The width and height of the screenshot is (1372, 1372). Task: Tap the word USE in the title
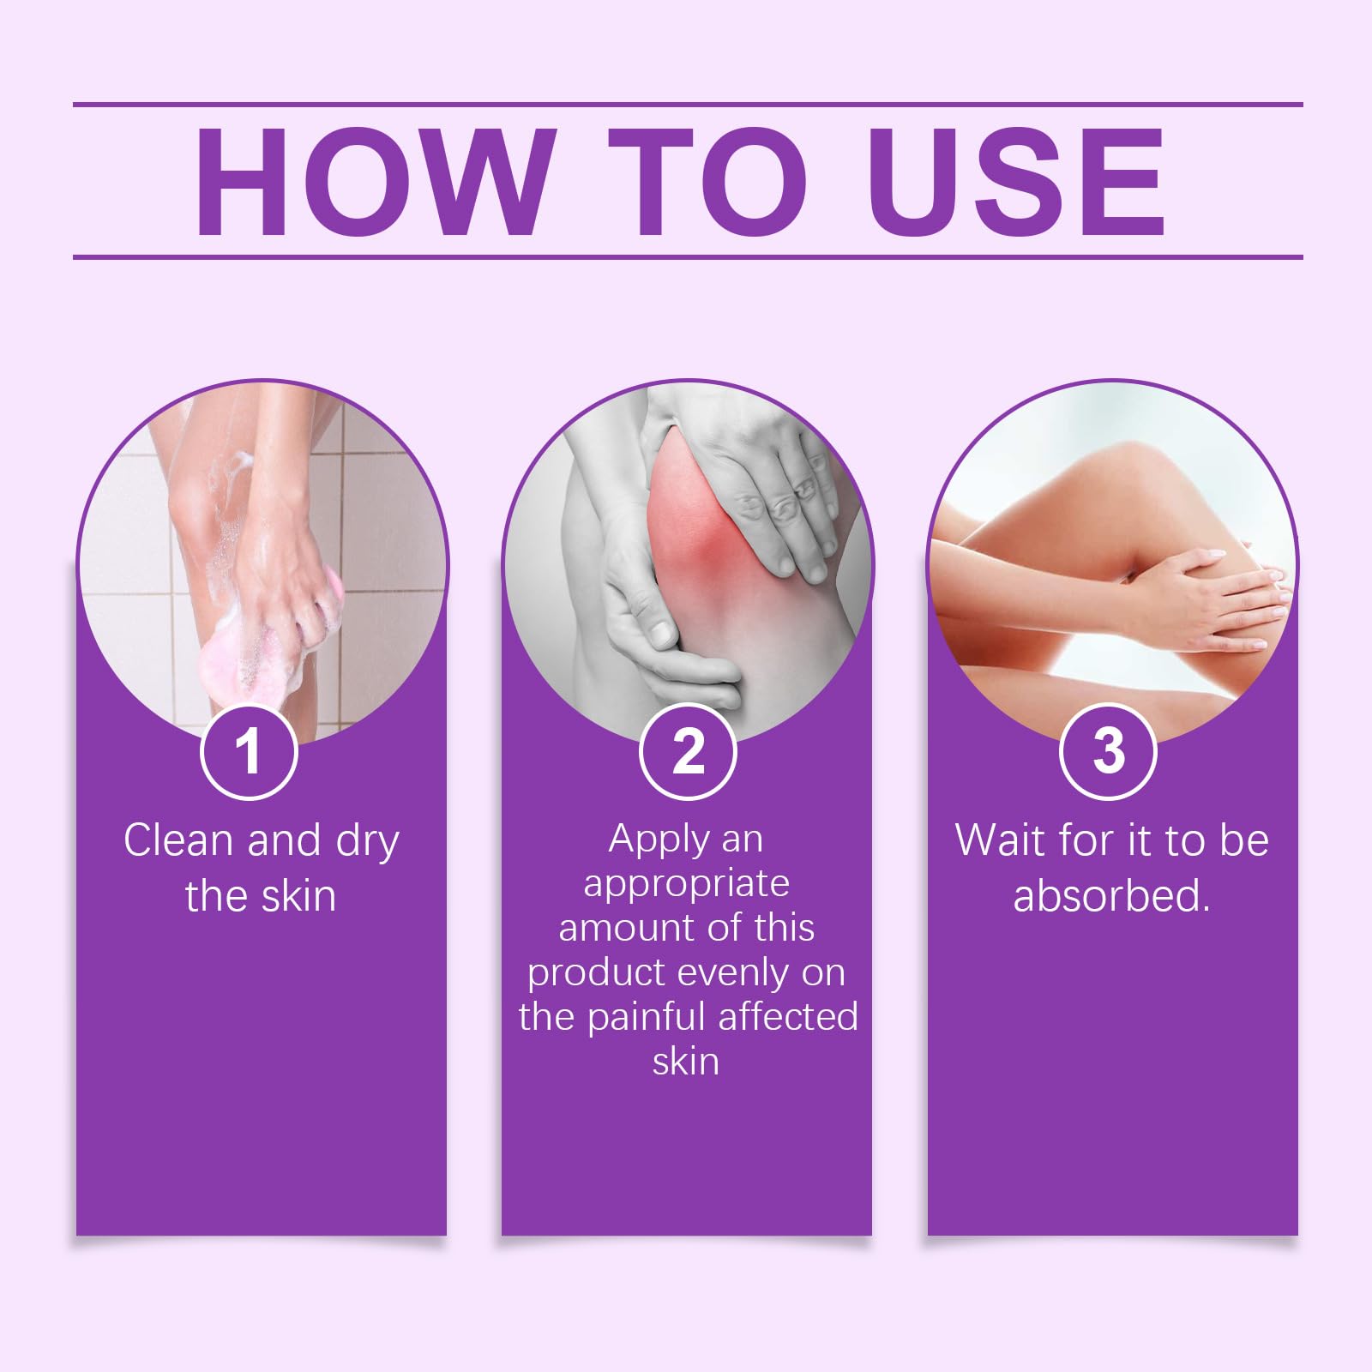[x=1017, y=182]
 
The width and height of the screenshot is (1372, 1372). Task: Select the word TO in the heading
[x=708, y=182]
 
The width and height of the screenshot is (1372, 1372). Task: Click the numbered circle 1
[x=249, y=751]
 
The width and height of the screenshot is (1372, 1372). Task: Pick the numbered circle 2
[x=688, y=751]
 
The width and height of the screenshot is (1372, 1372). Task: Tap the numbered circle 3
[x=1109, y=751]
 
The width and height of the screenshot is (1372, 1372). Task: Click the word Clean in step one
[x=178, y=839]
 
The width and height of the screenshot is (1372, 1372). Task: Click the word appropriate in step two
[x=686, y=884]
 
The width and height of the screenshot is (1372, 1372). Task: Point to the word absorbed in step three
[x=1110, y=896]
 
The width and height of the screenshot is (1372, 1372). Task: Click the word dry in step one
[x=367, y=841]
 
